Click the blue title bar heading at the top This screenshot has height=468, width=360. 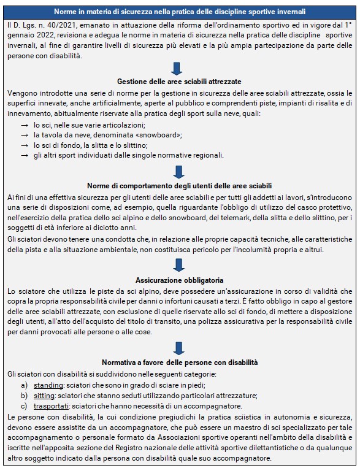coord(180,12)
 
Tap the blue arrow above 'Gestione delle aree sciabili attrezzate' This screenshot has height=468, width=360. coord(178,68)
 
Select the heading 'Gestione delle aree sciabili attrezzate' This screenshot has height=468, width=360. coord(179,82)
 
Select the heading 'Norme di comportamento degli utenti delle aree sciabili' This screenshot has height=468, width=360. coord(179,185)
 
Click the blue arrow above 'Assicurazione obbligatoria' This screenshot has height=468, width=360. coord(178,265)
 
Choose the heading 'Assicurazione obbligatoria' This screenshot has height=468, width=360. coord(179,278)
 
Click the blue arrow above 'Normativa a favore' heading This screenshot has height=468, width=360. coord(178,348)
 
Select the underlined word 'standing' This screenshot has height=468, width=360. coord(47,385)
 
